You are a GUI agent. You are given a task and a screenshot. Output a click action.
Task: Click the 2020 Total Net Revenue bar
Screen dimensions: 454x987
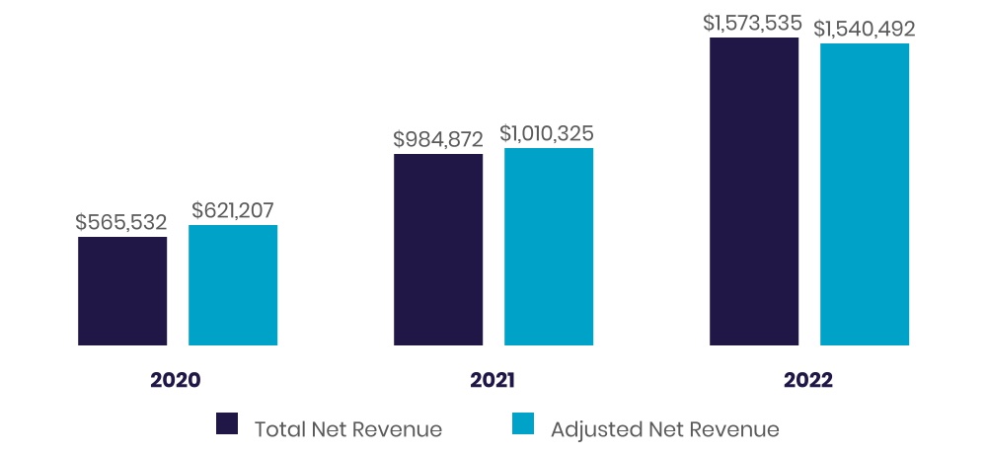coord(122,291)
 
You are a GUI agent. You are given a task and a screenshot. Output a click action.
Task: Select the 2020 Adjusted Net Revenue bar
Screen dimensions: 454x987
coord(233,285)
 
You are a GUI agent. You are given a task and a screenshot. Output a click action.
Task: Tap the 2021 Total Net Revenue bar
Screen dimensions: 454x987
coord(438,250)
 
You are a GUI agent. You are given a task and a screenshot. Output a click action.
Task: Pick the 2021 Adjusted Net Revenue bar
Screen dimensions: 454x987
coord(549,247)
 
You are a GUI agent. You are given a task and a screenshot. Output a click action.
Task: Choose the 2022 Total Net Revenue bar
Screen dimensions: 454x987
coord(754,191)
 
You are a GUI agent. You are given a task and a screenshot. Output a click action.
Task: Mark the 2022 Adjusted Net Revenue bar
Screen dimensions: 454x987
coord(865,194)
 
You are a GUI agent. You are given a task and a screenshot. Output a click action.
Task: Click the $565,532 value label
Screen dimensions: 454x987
coord(121,222)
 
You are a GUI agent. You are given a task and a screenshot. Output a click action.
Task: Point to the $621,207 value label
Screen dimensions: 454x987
coord(233,210)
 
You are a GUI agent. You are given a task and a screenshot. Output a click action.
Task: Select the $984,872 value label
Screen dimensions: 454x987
coord(438,139)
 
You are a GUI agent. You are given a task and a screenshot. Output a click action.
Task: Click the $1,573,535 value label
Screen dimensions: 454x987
coord(754,23)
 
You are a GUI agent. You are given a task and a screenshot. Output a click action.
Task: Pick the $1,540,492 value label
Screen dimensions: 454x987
coord(865,29)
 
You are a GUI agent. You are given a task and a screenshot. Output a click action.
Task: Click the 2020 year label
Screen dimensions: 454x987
coord(176,380)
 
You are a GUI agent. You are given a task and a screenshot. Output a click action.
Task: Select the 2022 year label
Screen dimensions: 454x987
coord(808,380)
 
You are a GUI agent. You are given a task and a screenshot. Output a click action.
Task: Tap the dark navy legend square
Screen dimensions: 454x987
coord(227,424)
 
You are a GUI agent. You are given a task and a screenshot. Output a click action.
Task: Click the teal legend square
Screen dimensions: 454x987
coord(523,424)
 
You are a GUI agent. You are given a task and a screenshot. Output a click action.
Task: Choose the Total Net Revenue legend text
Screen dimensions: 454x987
coord(347,429)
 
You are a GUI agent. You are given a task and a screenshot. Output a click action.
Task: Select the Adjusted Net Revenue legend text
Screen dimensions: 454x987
coord(664,429)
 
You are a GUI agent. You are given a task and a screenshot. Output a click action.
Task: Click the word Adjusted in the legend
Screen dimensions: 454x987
coord(595,429)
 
